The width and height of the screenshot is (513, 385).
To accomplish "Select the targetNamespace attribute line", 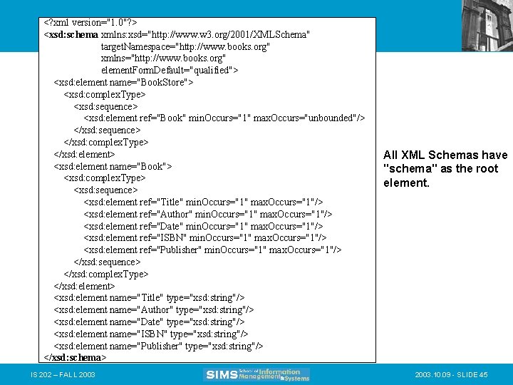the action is pyautogui.click(x=185, y=46).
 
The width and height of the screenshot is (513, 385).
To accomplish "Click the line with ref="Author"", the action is pyautogui.click(x=207, y=214).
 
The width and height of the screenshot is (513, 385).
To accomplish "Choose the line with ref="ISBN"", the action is pyautogui.click(x=205, y=237).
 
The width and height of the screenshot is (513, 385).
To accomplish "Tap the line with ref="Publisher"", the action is pyautogui.click(x=212, y=250).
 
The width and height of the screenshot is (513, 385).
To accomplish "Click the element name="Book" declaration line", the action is pyautogui.click(x=113, y=166).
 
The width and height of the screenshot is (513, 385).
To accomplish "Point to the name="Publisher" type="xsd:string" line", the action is pyautogui.click(x=158, y=345).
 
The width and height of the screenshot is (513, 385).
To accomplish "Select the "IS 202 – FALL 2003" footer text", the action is pyautogui.click(x=63, y=374).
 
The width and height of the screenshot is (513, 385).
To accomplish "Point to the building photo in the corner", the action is pyautogui.click(x=487, y=24).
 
